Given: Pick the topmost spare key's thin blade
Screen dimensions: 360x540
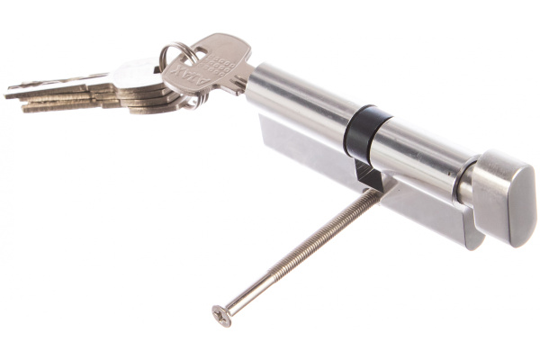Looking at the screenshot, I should pos(63,83).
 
